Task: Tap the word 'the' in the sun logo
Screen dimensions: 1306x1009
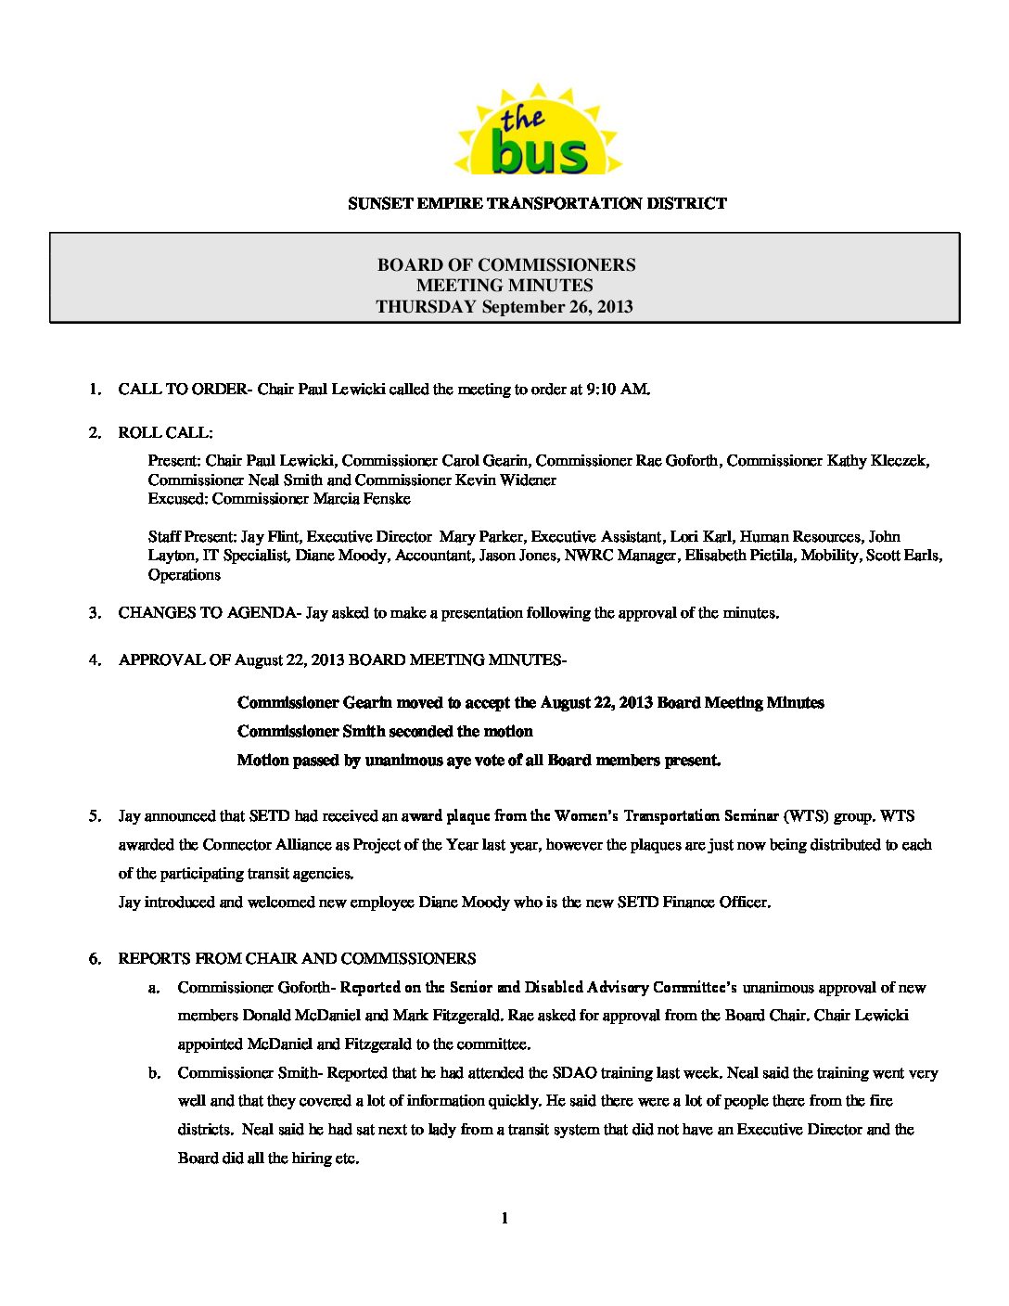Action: click(x=522, y=119)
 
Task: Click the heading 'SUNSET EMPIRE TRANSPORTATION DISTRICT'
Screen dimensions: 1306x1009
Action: click(x=537, y=203)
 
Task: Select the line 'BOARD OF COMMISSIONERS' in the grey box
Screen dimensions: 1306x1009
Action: click(x=505, y=265)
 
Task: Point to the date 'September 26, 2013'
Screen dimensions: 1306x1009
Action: click(x=557, y=307)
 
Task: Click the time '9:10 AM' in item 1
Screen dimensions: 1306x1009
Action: click(x=617, y=390)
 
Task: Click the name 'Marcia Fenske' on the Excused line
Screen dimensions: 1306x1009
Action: click(x=364, y=499)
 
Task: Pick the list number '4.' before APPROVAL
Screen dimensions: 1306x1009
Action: click(x=95, y=660)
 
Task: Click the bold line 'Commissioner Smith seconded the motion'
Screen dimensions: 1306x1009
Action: click(x=385, y=732)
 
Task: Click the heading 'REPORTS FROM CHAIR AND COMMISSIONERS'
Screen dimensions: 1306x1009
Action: click(x=297, y=959)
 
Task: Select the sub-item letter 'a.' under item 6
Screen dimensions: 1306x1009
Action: click(x=154, y=988)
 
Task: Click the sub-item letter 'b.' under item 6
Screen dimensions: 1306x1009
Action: click(x=154, y=1073)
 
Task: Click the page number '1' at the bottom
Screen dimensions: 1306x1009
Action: click(x=504, y=1219)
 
